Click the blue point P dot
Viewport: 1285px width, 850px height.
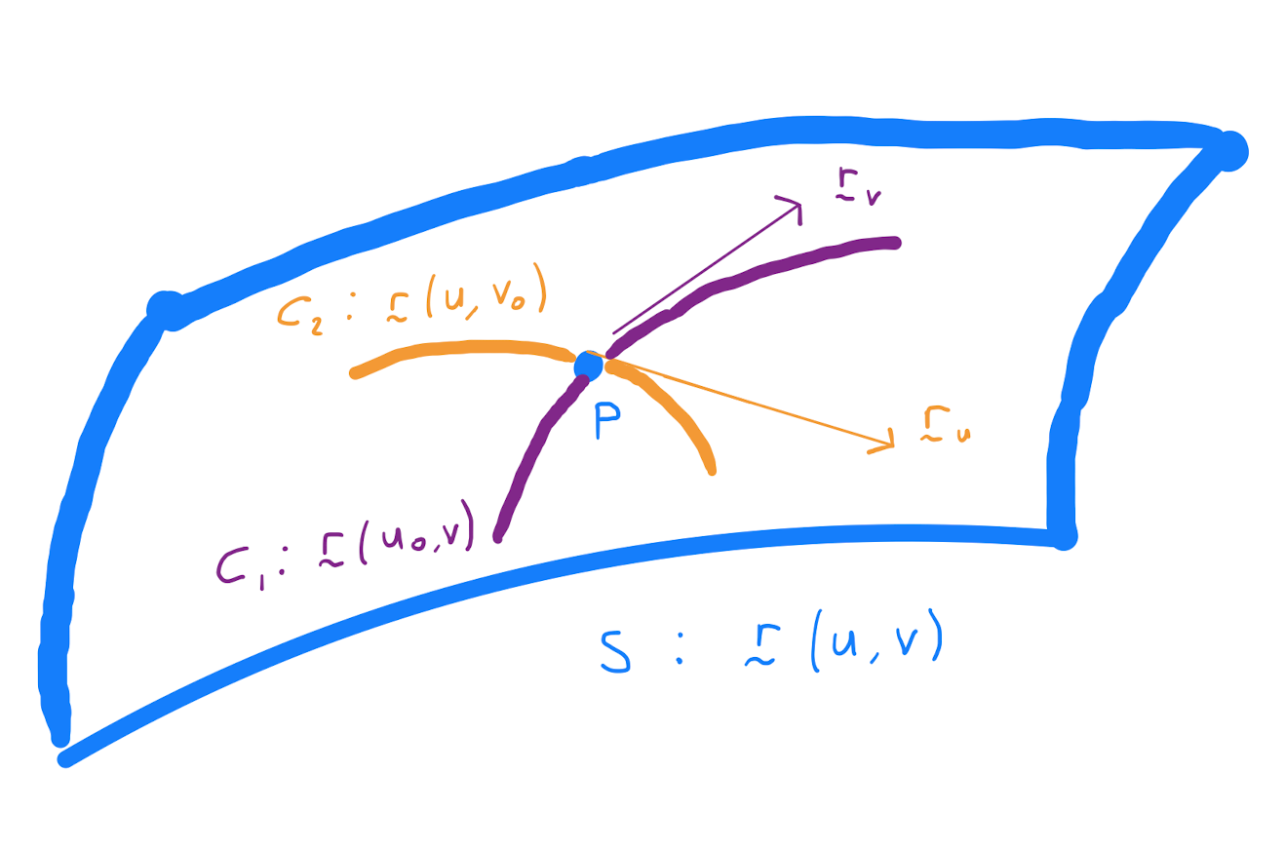click(x=588, y=366)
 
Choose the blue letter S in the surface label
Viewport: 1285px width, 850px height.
click(x=614, y=654)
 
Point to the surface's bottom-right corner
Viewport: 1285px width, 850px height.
click(x=1065, y=537)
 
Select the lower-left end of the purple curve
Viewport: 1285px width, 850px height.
click(x=498, y=537)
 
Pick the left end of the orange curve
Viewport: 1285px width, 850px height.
click(x=355, y=373)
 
